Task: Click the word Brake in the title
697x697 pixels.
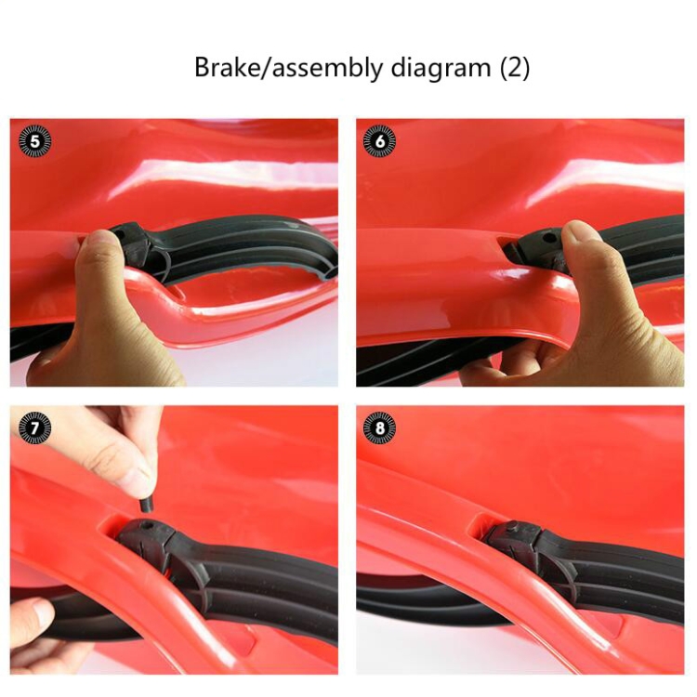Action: tap(227, 68)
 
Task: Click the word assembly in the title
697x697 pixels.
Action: tap(326, 69)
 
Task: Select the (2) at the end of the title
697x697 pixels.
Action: tap(515, 68)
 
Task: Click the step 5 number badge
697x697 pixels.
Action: tap(34, 142)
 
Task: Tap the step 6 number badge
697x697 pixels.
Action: tap(379, 141)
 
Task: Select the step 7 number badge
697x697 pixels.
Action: tap(34, 428)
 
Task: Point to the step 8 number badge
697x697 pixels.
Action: tap(379, 428)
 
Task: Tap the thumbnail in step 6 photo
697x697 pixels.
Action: tap(580, 232)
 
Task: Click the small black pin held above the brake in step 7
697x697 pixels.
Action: tap(146, 506)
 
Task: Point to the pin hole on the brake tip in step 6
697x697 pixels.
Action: tap(550, 238)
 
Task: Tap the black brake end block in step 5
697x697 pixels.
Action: tap(132, 245)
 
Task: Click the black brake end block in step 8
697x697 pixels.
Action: tap(512, 539)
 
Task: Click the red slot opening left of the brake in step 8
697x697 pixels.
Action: tap(482, 523)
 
